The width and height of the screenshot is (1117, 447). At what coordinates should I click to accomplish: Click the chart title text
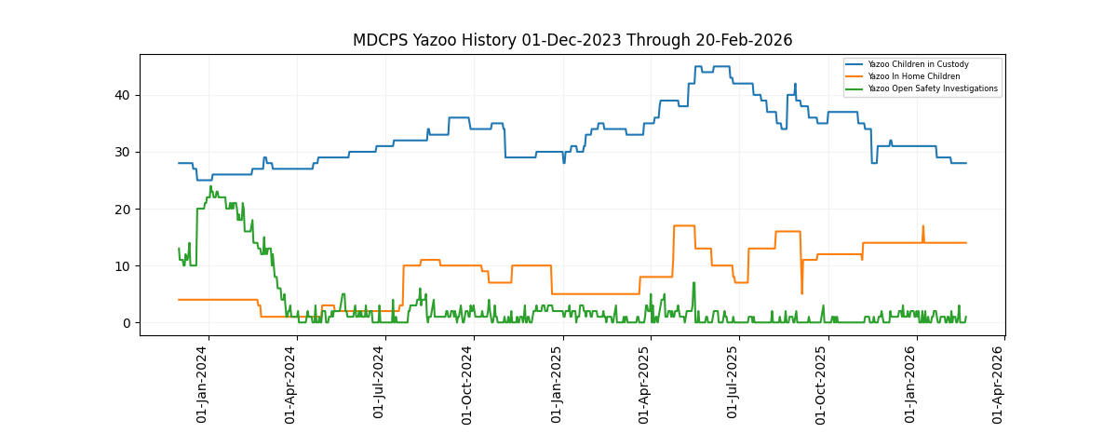(x=572, y=40)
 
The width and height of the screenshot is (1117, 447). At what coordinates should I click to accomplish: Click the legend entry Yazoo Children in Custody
(x=918, y=64)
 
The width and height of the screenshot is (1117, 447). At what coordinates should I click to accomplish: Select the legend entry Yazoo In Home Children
(x=914, y=76)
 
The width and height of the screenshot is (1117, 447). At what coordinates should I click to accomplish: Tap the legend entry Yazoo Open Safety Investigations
(x=933, y=88)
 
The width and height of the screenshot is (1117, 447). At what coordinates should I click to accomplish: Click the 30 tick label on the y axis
(x=122, y=152)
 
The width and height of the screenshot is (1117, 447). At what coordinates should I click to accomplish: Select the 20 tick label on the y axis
(x=122, y=209)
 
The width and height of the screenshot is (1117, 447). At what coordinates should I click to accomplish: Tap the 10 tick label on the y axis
(x=122, y=266)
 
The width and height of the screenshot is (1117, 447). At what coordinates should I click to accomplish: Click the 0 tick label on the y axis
(x=126, y=323)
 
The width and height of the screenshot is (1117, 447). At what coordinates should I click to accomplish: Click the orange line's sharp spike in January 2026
(x=923, y=226)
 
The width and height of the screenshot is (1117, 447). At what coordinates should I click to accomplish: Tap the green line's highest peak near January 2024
(x=210, y=186)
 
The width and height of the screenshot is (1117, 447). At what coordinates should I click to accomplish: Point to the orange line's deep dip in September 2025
(x=801, y=293)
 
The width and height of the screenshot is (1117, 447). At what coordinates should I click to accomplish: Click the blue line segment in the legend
(x=855, y=64)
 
